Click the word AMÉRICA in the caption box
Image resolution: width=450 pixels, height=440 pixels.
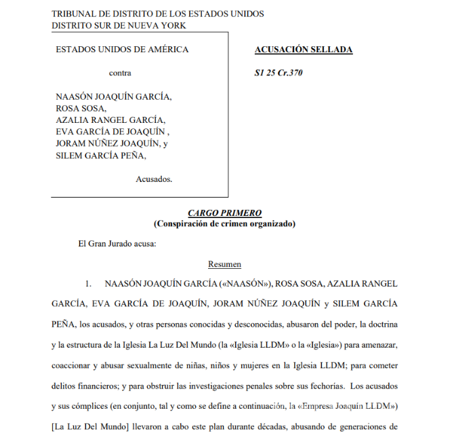(x=167, y=50)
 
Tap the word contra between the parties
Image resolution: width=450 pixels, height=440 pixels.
(x=120, y=73)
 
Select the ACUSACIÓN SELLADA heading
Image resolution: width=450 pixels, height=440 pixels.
(x=303, y=50)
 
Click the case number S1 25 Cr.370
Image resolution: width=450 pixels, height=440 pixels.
(x=279, y=73)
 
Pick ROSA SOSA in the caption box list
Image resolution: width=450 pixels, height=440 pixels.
(x=81, y=109)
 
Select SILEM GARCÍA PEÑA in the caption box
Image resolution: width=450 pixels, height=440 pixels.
(x=100, y=155)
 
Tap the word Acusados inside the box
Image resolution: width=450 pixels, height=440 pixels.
(x=154, y=179)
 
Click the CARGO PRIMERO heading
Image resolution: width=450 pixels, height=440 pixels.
(x=224, y=213)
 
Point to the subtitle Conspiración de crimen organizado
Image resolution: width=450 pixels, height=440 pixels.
(x=224, y=223)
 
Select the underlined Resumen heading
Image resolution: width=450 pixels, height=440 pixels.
(x=224, y=265)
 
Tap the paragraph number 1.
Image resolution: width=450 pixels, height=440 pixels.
(x=88, y=282)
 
